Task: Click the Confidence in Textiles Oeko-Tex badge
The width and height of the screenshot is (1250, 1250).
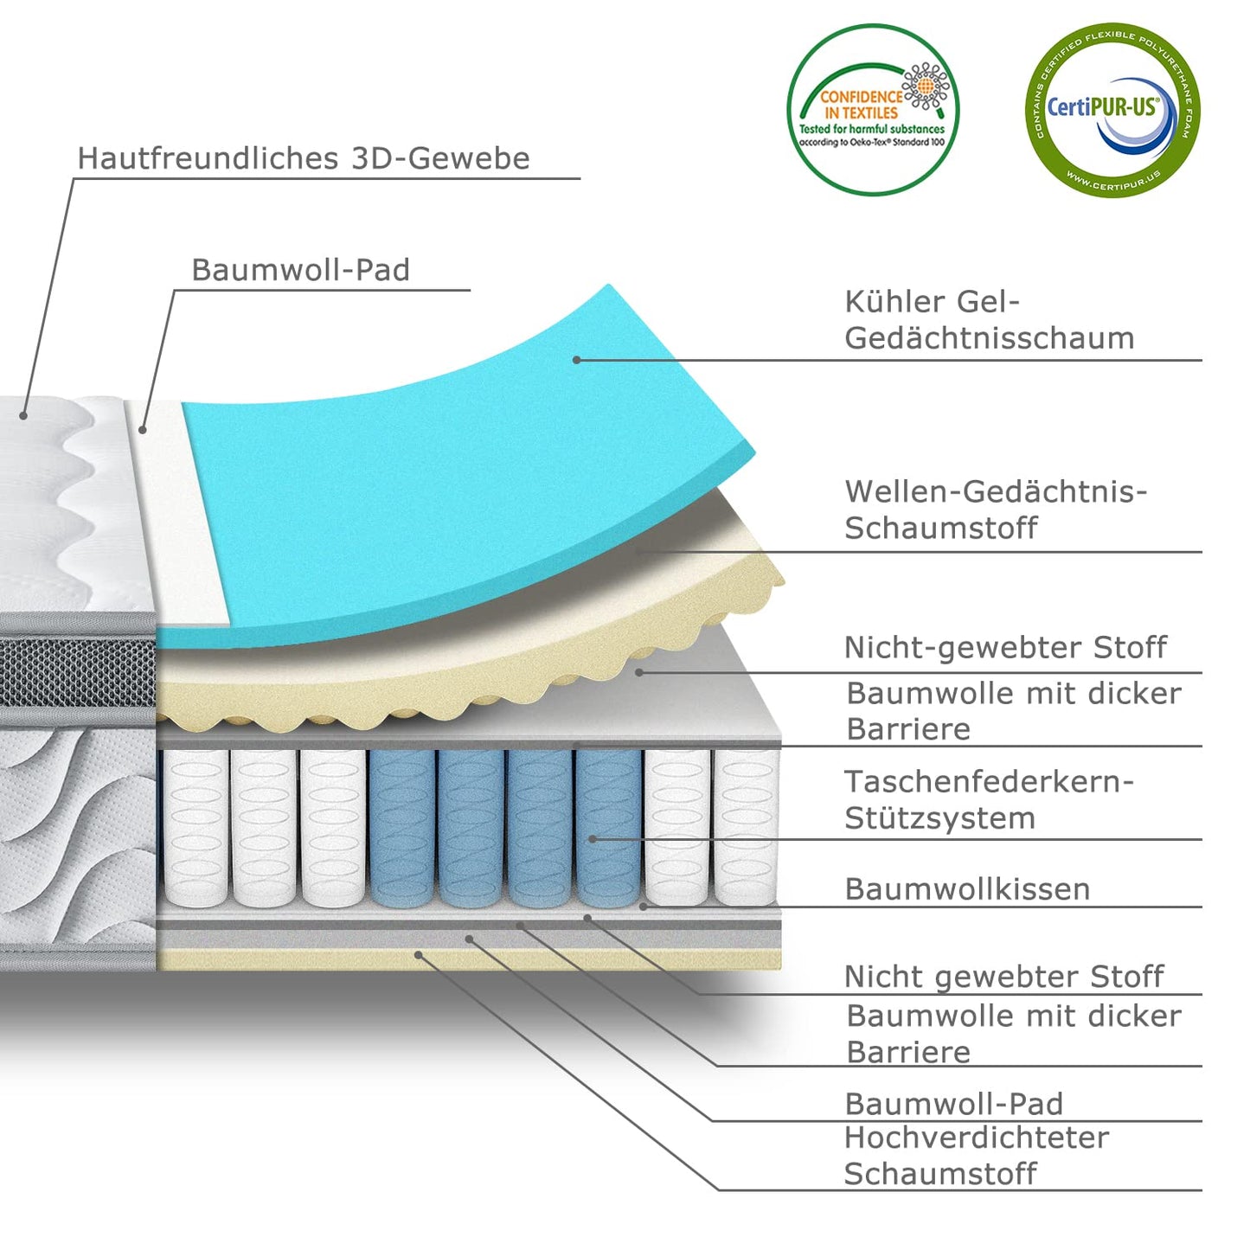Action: [872, 110]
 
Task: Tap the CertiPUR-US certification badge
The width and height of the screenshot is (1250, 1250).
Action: [1112, 110]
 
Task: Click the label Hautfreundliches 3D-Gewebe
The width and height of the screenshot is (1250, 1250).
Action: [303, 158]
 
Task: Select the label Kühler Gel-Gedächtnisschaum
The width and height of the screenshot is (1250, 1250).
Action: [989, 320]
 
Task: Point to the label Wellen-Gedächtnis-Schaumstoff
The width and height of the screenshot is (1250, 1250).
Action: [995, 510]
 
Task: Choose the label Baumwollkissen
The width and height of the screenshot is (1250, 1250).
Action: [967, 889]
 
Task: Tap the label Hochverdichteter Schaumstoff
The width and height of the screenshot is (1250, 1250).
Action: [976, 1156]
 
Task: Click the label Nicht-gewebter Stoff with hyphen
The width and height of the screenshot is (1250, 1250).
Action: [1005, 647]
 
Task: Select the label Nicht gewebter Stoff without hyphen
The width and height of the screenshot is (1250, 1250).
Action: [1003, 977]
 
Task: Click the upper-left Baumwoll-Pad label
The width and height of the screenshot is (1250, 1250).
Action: [300, 270]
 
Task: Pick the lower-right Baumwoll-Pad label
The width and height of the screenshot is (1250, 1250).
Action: [953, 1104]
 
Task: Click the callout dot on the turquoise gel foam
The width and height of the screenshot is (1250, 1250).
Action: [576, 360]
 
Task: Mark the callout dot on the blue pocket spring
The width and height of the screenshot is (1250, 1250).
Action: [593, 838]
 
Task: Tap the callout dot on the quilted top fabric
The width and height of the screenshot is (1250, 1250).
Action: [23, 416]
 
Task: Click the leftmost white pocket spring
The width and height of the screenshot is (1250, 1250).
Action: [196, 828]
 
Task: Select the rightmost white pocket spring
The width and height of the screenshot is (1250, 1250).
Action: [745, 828]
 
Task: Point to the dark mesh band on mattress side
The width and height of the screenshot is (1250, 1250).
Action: [78, 670]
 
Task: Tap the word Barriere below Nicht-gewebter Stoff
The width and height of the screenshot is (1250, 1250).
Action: [908, 729]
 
